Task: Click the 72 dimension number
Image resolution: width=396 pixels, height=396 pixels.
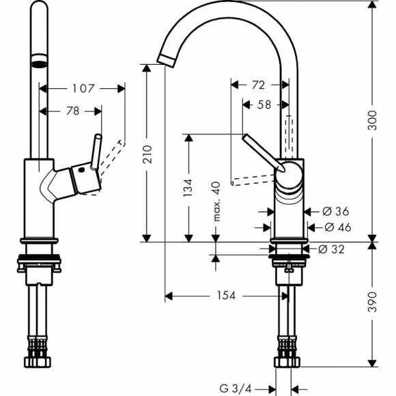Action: pyautogui.click(x=258, y=85)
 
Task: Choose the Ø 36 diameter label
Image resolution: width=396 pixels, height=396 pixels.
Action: pyautogui.click(x=333, y=212)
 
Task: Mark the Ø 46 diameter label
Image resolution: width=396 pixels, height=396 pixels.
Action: pyautogui.click(x=333, y=227)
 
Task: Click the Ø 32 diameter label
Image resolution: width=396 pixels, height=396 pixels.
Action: pyautogui.click(x=333, y=250)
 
